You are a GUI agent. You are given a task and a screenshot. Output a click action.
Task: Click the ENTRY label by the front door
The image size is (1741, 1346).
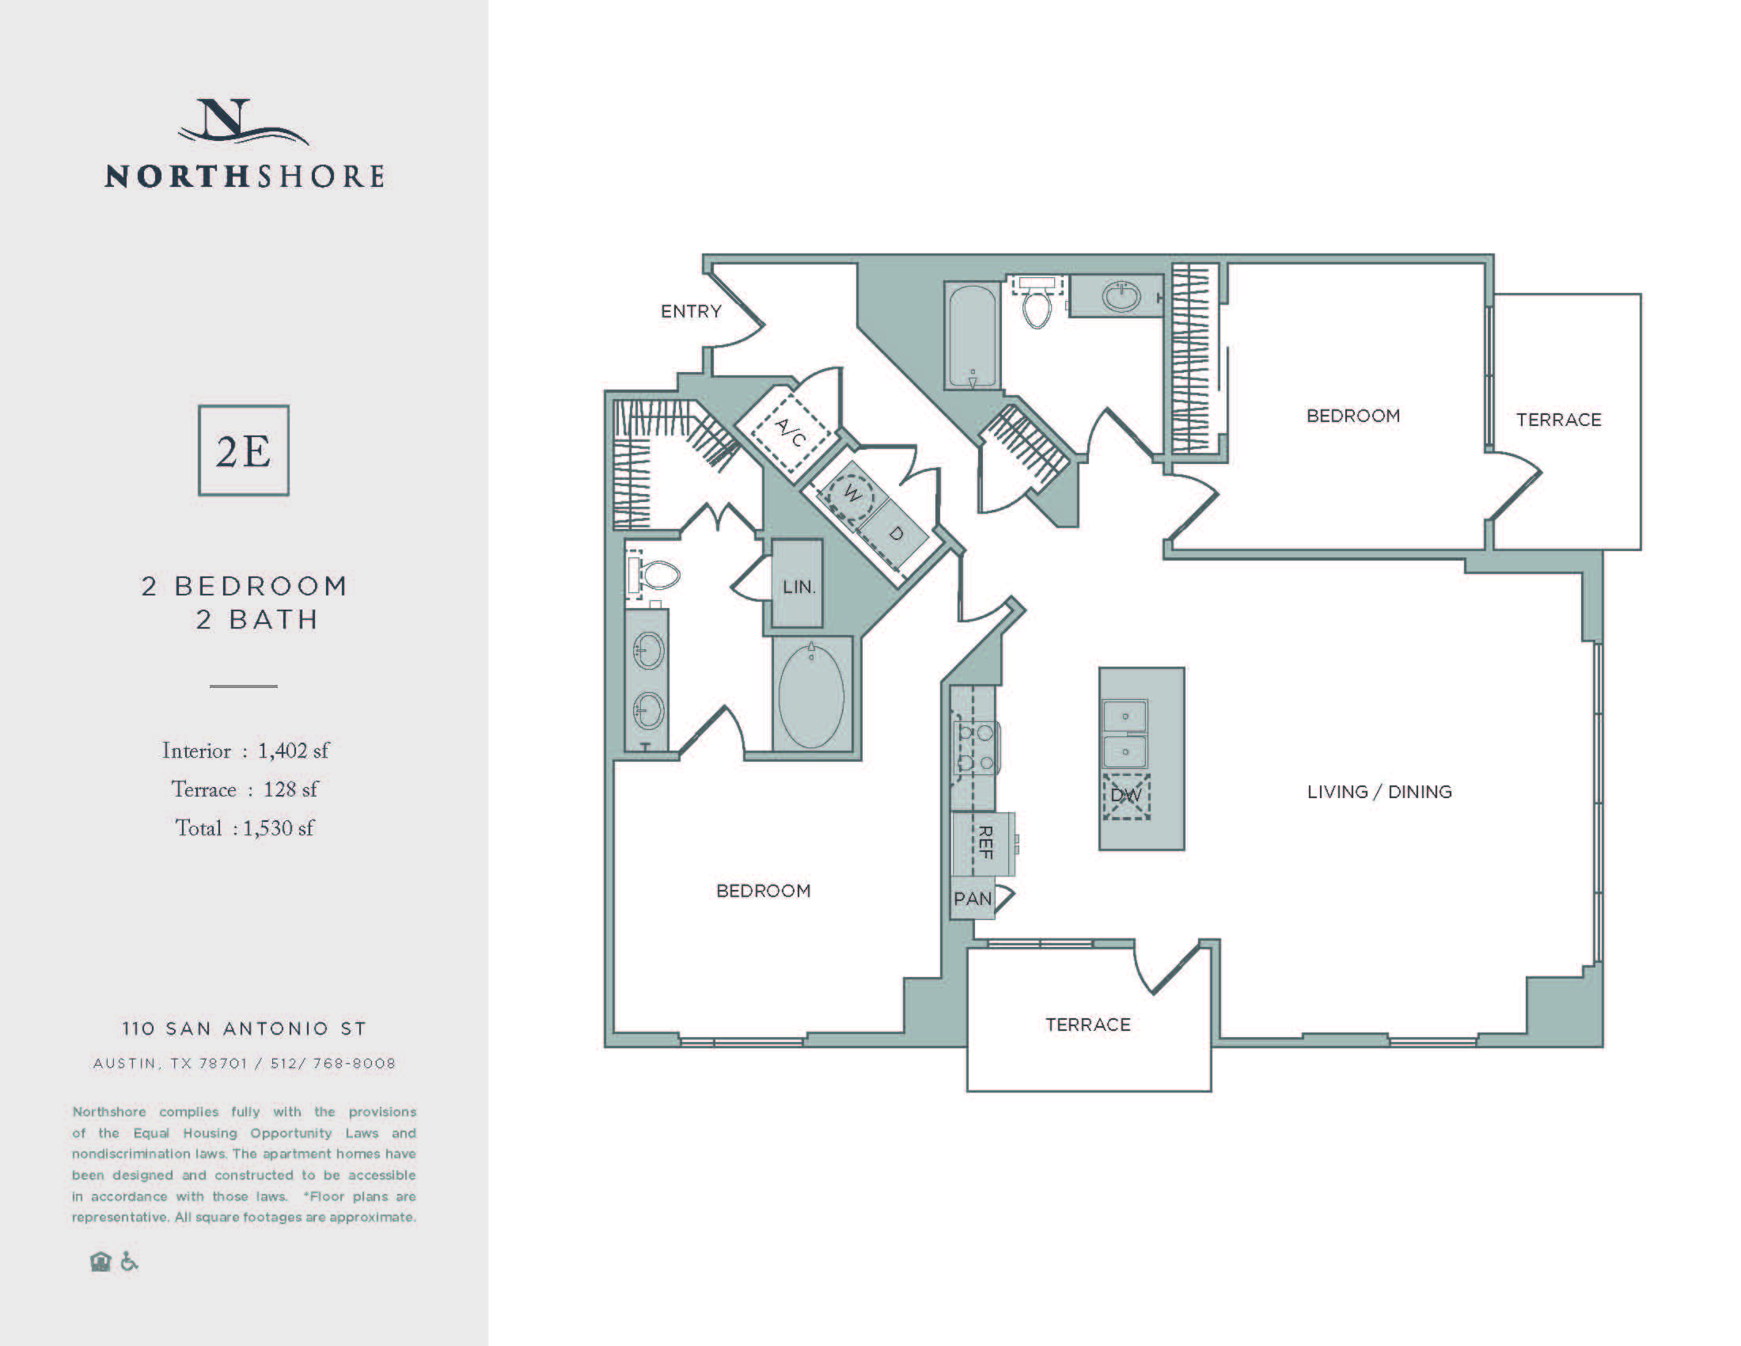pyautogui.click(x=690, y=311)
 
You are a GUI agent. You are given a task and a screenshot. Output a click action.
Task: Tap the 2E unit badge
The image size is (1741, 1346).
pyautogui.click(x=243, y=451)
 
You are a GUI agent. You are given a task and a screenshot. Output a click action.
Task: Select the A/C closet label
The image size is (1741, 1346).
pyautogui.click(x=791, y=432)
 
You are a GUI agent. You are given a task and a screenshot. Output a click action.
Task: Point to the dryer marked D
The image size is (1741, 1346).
pyautogui.click(x=896, y=534)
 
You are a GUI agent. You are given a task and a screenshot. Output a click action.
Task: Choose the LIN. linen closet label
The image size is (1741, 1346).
pyautogui.click(x=798, y=587)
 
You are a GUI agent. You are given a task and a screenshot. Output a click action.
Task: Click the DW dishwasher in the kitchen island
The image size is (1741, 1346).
pyautogui.click(x=1125, y=795)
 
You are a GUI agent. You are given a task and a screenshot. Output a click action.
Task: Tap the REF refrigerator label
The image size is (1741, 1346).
pyautogui.click(x=985, y=843)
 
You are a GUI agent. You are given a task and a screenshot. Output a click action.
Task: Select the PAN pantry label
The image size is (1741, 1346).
pyautogui.click(x=973, y=899)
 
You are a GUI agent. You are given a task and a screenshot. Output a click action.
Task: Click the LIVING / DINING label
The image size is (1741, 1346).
pyautogui.click(x=1379, y=792)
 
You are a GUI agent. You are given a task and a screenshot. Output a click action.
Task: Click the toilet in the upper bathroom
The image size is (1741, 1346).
pyautogui.click(x=1037, y=308)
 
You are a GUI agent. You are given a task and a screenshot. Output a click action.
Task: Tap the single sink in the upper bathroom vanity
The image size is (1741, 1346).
pyautogui.click(x=1121, y=298)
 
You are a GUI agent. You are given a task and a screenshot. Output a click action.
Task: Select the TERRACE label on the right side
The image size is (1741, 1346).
pyautogui.click(x=1557, y=420)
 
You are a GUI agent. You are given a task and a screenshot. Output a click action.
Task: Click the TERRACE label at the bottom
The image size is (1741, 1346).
pyautogui.click(x=1087, y=1025)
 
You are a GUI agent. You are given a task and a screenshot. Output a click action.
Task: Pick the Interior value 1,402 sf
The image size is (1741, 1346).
pyautogui.click(x=293, y=751)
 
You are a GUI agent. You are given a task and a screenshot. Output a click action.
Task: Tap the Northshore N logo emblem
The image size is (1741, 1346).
pyautogui.click(x=239, y=122)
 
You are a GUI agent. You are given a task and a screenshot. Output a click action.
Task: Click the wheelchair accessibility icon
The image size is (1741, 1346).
pyautogui.click(x=129, y=1261)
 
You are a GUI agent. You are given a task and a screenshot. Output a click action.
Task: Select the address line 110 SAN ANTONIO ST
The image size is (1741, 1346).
pyautogui.click(x=244, y=1029)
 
